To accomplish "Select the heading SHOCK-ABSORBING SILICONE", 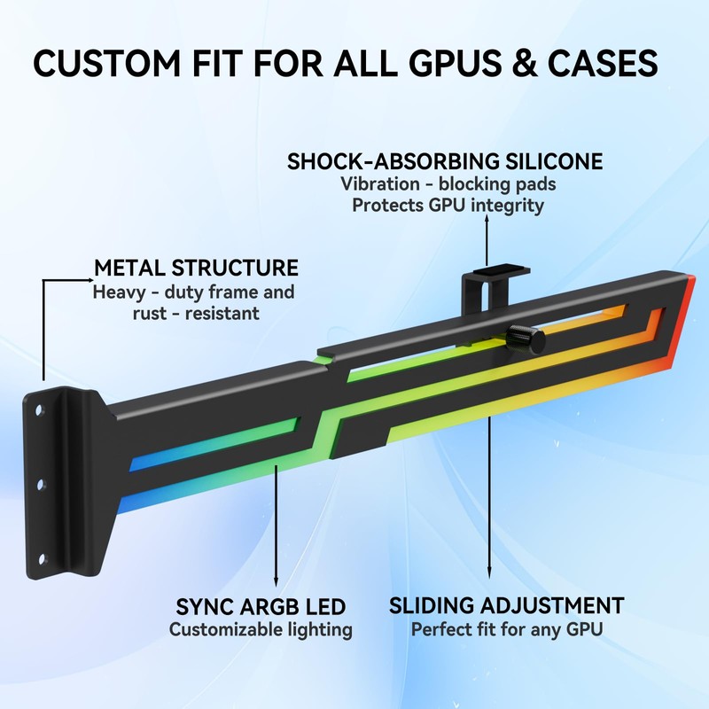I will click(x=445, y=162).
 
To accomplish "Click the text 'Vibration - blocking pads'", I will click(x=448, y=184).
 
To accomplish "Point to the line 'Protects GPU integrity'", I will click(x=448, y=205).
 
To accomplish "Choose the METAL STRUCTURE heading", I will click(x=196, y=268).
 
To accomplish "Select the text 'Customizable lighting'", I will click(x=261, y=630).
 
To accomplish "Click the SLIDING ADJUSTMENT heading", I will click(x=507, y=607).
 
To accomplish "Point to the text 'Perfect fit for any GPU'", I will click(x=507, y=630).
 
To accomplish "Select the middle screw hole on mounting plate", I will click(x=40, y=483).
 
